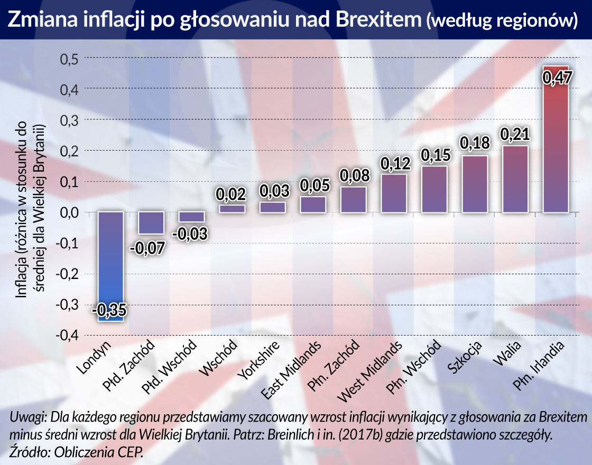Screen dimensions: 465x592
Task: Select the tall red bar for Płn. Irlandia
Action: tap(556, 143)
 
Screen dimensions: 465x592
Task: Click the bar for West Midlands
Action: tap(394, 193)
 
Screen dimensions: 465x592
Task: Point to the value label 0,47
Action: tap(556, 81)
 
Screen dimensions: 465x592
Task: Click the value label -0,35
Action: tap(110, 311)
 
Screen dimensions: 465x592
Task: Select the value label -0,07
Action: tap(151, 247)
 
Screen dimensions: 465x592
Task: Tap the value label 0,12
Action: tap(394, 163)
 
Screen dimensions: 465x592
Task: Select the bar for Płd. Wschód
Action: tap(191, 217)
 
